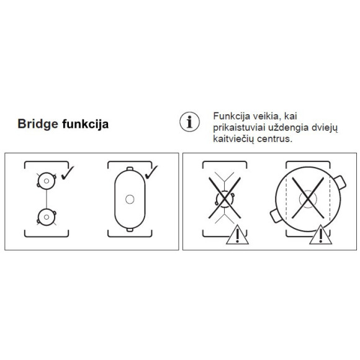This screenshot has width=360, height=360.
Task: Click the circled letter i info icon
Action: click(x=188, y=121)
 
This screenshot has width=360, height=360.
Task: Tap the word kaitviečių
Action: click(x=234, y=140)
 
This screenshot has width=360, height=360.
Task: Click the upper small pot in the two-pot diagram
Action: click(x=45, y=181)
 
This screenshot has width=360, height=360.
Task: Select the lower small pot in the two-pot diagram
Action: click(x=45, y=217)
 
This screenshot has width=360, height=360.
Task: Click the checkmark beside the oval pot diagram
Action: click(x=151, y=170)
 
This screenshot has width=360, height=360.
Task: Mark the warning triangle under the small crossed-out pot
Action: click(x=236, y=235)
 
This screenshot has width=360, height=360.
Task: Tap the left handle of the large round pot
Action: click(x=274, y=217)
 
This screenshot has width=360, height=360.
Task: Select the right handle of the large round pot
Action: click(x=340, y=182)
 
